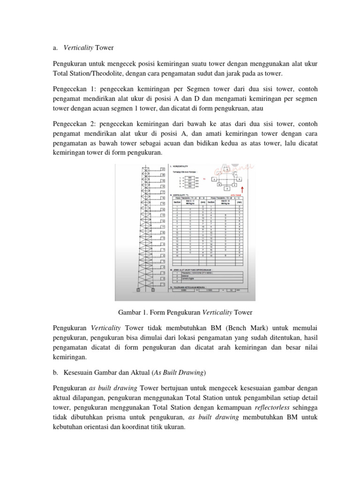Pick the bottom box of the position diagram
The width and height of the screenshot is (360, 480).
point(227,188)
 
